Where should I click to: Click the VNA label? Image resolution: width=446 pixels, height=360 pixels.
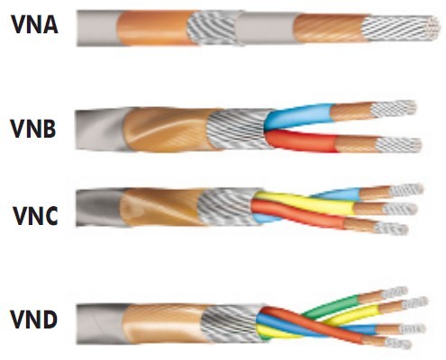35,24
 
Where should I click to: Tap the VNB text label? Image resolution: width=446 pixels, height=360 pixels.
33,129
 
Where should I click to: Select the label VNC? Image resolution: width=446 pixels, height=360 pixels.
35,215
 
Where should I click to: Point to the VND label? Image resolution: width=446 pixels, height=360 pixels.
33,319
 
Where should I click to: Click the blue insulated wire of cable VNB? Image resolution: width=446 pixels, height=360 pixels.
299,116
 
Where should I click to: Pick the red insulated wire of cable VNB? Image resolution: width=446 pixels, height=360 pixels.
301,141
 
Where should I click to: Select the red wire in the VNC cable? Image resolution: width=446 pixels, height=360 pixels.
297,213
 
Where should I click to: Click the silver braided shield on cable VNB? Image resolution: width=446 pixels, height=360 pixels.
238,129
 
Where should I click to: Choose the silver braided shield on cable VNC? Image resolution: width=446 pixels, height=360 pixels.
228,207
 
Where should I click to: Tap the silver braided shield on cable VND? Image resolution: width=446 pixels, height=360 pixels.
231,323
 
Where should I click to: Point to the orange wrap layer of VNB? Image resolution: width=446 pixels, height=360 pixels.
167,130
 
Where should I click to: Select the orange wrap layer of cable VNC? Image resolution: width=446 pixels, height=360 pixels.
160,207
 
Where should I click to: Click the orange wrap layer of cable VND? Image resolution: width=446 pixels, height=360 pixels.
163,323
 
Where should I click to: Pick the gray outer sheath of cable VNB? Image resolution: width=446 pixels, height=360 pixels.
101,130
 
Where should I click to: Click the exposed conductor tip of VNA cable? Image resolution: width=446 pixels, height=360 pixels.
401,29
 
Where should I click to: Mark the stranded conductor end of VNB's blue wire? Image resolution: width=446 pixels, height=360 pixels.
394,109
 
